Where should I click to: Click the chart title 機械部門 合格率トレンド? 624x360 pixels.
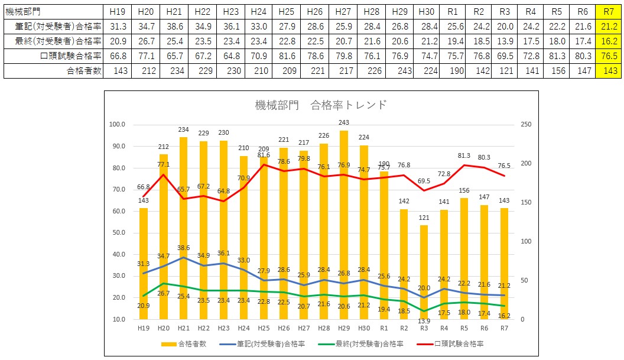click(321, 105)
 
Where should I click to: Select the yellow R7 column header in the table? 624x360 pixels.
click(609, 12)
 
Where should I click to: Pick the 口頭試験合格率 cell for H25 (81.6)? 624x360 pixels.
click(287, 56)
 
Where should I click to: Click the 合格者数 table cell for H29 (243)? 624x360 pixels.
click(399, 71)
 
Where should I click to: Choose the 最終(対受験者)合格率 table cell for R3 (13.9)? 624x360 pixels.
click(505, 41)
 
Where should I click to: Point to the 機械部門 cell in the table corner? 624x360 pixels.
click(22, 12)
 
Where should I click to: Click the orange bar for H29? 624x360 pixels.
click(344, 225)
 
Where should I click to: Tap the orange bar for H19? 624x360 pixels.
click(143, 264)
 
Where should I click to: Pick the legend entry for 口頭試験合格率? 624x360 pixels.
click(450, 344)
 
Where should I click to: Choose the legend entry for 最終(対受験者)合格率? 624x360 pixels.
click(361, 344)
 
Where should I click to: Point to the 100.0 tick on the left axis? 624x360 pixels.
click(117, 124)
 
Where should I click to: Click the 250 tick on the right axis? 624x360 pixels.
click(526, 124)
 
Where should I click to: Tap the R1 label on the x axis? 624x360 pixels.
click(384, 329)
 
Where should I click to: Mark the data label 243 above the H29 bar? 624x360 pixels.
click(344, 122)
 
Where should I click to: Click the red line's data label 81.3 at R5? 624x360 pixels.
click(464, 155)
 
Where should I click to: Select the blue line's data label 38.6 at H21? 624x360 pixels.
click(183, 248)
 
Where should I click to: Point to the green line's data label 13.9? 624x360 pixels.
click(424, 321)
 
